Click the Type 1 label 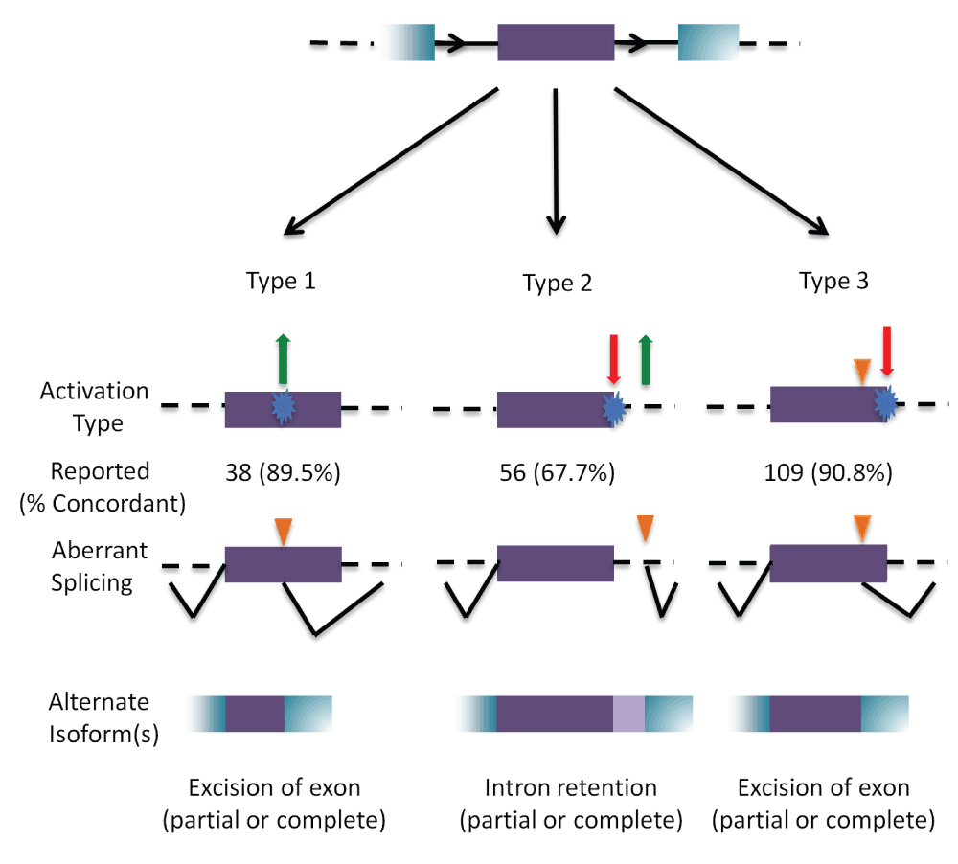[281, 282]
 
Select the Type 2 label [557, 284]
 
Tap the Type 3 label [833, 282]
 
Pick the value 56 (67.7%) [557, 473]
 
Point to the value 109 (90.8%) [830, 473]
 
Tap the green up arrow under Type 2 [645, 360]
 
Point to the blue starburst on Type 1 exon [282, 406]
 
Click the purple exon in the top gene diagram [556, 43]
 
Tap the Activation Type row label [94, 406]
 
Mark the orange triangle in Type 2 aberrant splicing [645, 527]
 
